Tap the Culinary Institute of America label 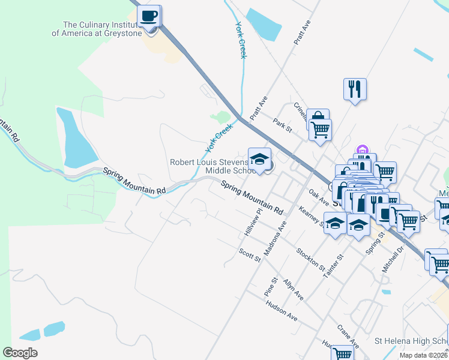97,29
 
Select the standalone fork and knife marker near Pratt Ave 355,89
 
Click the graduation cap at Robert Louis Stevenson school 259,159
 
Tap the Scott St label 249,255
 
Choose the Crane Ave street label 348,337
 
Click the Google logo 20,353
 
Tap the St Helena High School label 411,341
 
